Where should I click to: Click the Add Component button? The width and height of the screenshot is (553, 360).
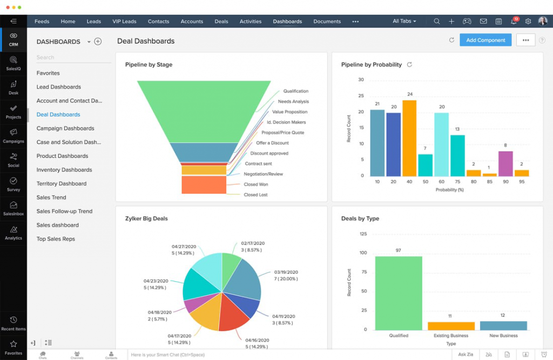click(x=485, y=40)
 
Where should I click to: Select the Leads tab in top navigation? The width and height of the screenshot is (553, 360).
click(x=94, y=22)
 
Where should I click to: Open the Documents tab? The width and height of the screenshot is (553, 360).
click(x=327, y=22)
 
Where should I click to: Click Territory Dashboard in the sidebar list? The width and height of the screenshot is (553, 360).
click(x=61, y=184)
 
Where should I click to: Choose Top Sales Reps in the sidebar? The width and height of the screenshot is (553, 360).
click(x=56, y=239)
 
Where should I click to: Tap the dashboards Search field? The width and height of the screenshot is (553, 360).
click(x=70, y=57)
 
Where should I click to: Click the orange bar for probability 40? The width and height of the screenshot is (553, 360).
click(x=409, y=139)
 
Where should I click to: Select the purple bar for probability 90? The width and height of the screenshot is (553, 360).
click(x=505, y=164)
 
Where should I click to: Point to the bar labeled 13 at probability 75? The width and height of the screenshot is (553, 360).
click(x=457, y=155)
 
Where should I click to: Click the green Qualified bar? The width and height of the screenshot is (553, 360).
click(x=399, y=293)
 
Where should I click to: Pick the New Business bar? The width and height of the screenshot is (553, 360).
click(x=503, y=325)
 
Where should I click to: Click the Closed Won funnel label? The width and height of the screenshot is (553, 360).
click(x=255, y=185)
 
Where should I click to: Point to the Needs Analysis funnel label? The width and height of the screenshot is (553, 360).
click(x=293, y=101)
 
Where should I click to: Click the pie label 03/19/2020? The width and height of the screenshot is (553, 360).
click(x=286, y=272)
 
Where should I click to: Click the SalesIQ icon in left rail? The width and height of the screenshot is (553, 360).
click(x=14, y=63)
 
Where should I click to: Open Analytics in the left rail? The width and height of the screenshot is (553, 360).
click(x=14, y=233)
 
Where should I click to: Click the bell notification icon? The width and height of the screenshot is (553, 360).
click(x=514, y=22)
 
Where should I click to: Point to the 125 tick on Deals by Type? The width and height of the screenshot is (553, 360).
click(x=363, y=234)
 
